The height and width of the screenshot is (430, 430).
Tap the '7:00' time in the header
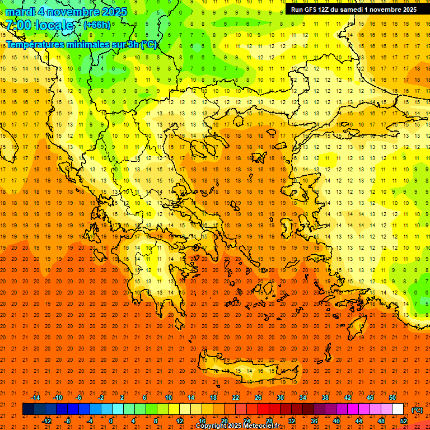[18, 25]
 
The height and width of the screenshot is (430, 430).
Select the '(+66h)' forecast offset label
[97, 25]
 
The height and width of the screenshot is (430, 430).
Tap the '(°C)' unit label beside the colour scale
[417, 410]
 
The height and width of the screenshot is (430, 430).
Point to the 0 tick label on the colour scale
[111, 420]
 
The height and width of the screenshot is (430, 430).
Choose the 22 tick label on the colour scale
[236, 398]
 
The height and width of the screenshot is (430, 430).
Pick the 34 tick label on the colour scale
[303, 398]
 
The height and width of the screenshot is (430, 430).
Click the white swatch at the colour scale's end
[398, 409]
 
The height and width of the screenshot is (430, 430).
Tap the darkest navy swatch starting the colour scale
[28, 409]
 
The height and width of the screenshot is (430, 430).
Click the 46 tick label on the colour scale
[370, 398]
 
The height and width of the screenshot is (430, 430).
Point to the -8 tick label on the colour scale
[67, 420]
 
